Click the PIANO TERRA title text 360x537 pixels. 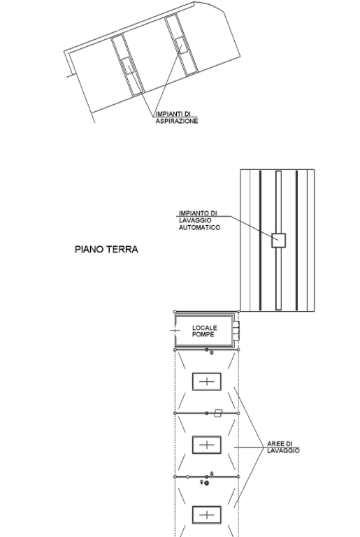point(106,250)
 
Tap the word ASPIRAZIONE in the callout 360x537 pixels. point(177,121)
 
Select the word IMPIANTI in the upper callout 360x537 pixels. point(169,114)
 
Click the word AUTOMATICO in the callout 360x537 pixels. point(199,227)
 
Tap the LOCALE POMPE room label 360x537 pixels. point(205,331)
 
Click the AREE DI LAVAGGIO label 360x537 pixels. point(283,447)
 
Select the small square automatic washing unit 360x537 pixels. point(278,240)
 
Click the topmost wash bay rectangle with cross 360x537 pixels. point(206,382)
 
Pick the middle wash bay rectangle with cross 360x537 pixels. point(206,445)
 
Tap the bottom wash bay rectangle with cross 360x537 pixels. point(206,515)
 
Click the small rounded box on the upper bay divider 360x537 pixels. point(218,413)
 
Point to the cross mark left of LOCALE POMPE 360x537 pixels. point(175,331)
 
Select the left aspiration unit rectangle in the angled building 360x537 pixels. point(127,66)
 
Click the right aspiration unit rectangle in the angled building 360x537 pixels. point(182,45)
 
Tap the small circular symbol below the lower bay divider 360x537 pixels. point(206,483)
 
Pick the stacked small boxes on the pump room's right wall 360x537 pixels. point(236,331)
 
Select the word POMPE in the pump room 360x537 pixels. point(203,334)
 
